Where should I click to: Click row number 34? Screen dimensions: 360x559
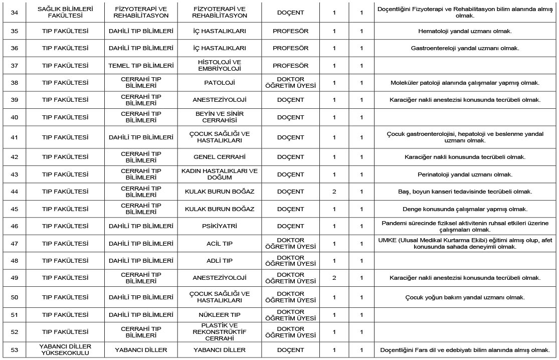click(14, 12)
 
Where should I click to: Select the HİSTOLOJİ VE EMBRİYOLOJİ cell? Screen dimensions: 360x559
click(220, 65)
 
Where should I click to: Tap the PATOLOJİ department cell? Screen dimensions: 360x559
click(220, 82)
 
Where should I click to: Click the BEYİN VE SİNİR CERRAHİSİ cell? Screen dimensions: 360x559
click(220, 117)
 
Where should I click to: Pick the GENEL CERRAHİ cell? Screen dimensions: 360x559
click(220, 157)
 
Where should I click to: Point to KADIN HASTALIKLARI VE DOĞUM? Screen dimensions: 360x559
click(220, 174)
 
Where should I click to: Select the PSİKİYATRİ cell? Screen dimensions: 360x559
click(220, 226)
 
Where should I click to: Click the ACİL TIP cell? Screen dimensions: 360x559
click(220, 243)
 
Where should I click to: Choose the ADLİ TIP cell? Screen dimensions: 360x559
click(220, 261)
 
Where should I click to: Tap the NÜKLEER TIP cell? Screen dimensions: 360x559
click(220, 315)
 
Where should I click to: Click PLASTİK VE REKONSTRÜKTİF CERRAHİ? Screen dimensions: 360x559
click(220, 332)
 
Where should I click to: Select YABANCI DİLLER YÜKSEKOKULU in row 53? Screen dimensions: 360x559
click(65, 349)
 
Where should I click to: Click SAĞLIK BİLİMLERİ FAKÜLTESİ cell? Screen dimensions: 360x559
click(65, 12)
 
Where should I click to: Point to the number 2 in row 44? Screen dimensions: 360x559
click(334, 192)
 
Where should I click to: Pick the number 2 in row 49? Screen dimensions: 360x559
click(334, 278)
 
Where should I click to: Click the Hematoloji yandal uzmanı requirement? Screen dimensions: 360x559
click(465, 31)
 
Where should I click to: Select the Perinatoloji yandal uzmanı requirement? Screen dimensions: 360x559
click(465, 174)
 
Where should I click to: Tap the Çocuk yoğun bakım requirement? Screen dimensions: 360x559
click(465, 297)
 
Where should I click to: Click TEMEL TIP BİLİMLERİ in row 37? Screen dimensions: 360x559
click(141, 65)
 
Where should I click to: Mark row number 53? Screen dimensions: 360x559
click(14, 349)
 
